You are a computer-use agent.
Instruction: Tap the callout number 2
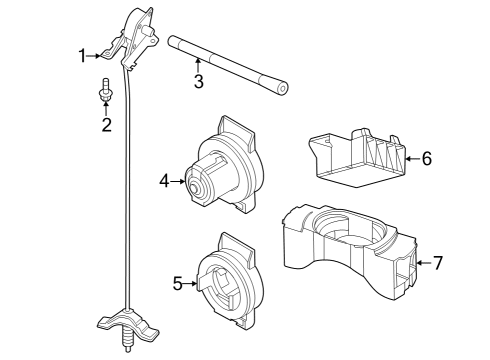(x=105, y=125)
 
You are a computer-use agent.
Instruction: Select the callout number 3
(x=198, y=81)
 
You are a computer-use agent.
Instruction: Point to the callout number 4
(x=164, y=181)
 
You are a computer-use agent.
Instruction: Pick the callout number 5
(x=178, y=283)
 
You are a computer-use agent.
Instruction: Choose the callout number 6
(x=426, y=158)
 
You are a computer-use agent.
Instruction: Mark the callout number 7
(x=436, y=264)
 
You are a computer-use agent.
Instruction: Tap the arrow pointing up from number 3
(x=198, y=65)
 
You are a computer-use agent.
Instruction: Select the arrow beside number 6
(x=411, y=158)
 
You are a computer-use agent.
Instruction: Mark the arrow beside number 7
(x=421, y=264)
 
